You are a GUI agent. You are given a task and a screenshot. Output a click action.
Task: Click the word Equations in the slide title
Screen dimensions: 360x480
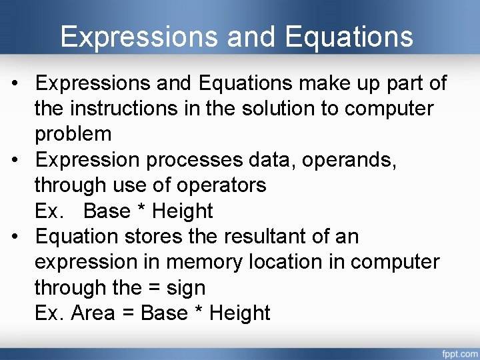click(349, 37)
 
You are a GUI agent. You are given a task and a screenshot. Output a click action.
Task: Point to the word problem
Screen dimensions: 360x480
click(73, 134)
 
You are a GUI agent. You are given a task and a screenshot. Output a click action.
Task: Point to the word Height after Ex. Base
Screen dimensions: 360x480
click(183, 211)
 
